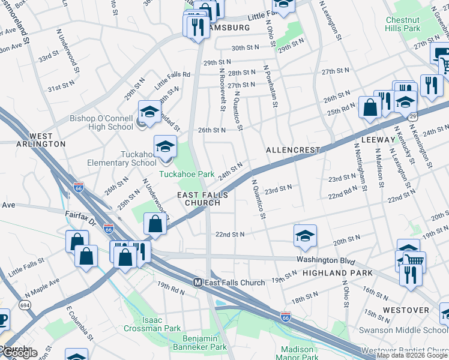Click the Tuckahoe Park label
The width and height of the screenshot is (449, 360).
click(x=186, y=174)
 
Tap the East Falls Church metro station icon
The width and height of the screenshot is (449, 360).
click(x=197, y=283)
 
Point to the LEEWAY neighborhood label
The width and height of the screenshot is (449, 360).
click(x=378, y=139)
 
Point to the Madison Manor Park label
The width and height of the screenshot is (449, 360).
click(x=297, y=353)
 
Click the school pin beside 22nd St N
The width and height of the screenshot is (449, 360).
click(x=305, y=236)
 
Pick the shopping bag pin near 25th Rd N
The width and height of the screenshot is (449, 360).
click(x=370, y=107)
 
